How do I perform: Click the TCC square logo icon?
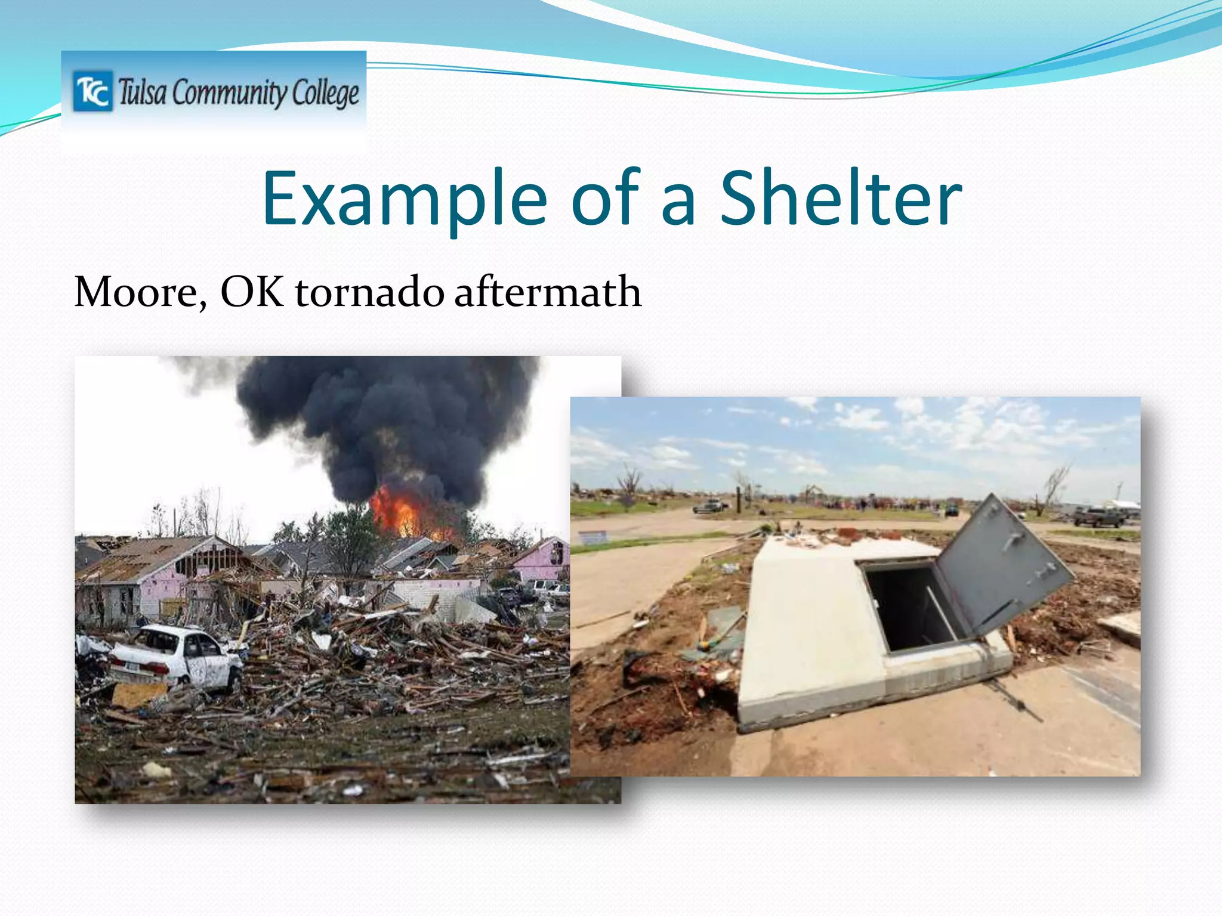point(92,91)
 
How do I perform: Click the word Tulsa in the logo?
point(142,92)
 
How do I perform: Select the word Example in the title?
point(404,200)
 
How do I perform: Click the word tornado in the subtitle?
point(369,292)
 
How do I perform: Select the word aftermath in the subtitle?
point(547,292)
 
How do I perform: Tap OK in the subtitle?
point(251,292)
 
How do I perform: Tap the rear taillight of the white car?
point(156,667)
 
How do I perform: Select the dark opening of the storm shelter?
point(910,605)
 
